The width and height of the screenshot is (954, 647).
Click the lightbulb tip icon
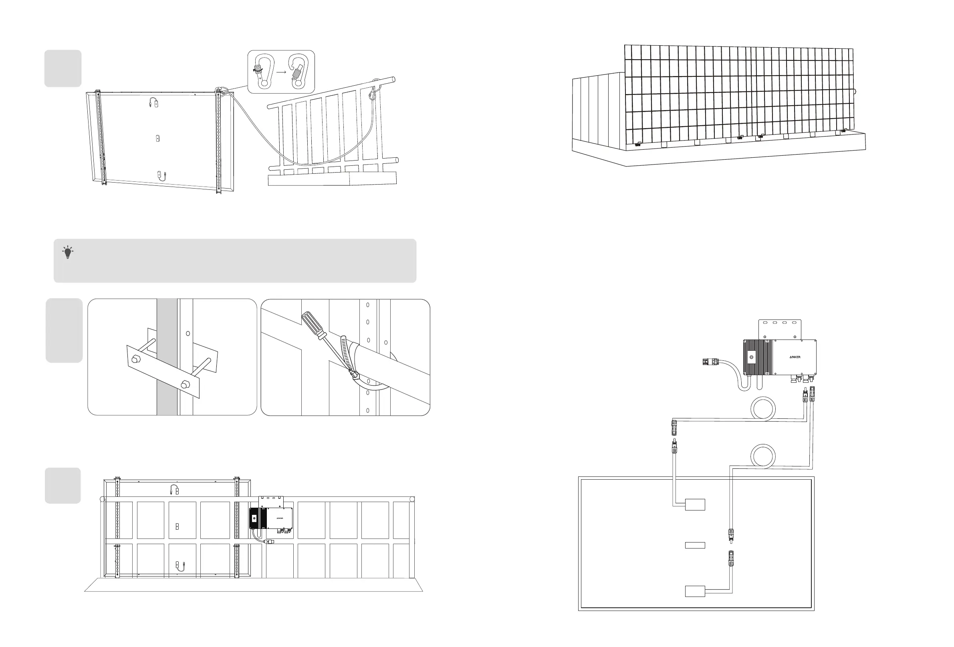click(x=68, y=252)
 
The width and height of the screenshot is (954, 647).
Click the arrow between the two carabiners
click(x=281, y=72)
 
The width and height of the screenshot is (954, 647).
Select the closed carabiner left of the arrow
click(x=264, y=70)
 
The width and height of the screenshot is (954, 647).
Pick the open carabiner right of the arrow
click(x=299, y=70)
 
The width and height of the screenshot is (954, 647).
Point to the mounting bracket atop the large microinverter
click(x=780, y=329)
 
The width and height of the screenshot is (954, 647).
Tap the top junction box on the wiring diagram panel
click(x=695, y=504)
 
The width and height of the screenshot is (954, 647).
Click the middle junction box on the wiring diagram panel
click(x=695, y=545)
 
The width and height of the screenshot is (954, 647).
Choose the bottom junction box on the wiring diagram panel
click(x=695, y=591)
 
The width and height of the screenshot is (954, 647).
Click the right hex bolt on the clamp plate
click(x=184, y=385)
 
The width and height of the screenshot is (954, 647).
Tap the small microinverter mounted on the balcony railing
click(x=271, y=518)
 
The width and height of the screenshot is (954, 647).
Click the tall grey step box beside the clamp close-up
click(x=64, y=330)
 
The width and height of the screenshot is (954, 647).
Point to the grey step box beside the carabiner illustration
click(x=63, y=68)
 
